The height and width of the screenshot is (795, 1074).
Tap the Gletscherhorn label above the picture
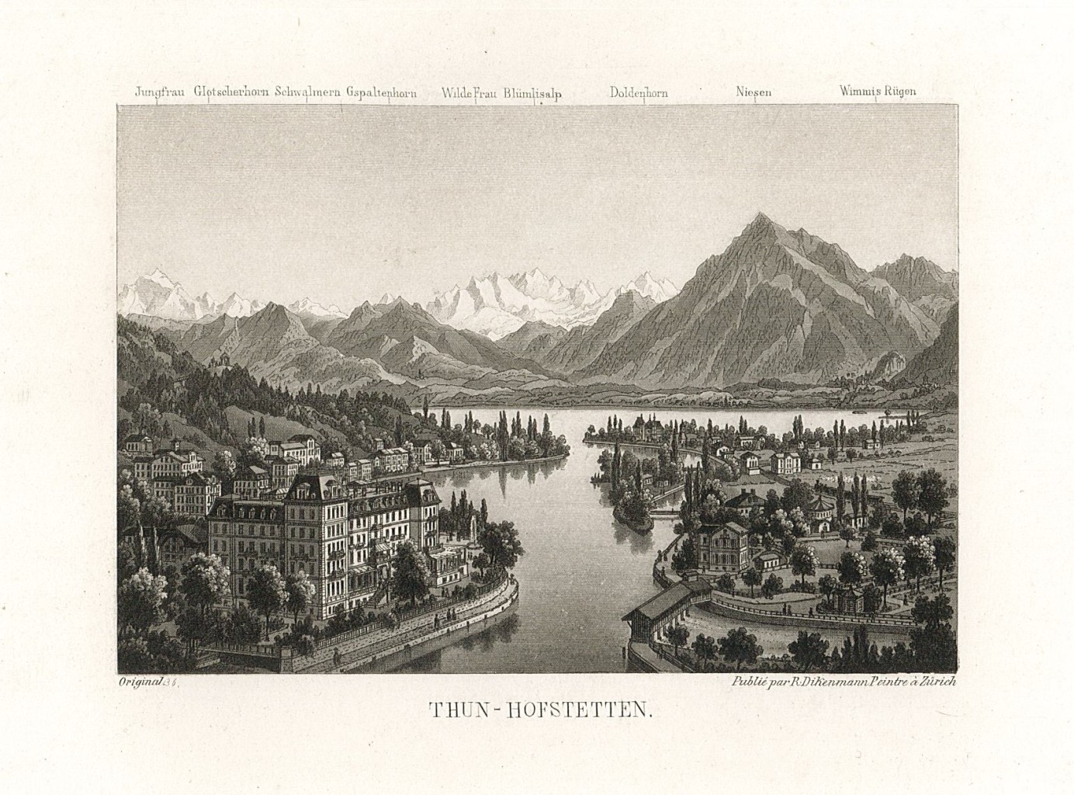coord(232,92)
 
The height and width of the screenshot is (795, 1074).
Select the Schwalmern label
coord(307,92)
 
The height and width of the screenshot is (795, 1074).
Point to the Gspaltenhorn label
coord(381,92)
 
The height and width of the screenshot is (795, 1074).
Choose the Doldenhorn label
coord(639,92)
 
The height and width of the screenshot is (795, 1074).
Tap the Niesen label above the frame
coord(754,92)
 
